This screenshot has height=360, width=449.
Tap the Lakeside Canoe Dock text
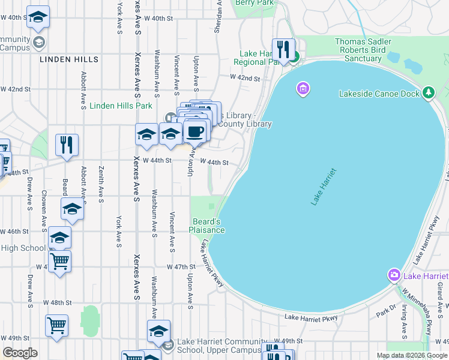tap(378, 94)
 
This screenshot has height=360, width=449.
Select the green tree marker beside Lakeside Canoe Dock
tap(428, 92)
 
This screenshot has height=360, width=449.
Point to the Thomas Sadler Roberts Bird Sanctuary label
tap(366, 50)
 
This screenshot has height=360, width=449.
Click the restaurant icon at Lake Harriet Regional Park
tap(282, 49)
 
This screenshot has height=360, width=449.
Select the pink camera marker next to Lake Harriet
tap(394, 275)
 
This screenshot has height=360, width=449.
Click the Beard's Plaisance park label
tap(207, 226)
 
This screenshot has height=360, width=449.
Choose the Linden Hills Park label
tap(121, 106)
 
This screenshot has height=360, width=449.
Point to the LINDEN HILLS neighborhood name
tap(69, 60)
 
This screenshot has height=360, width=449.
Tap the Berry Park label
tap(255, 3)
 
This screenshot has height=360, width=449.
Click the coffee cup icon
tap(194, 131)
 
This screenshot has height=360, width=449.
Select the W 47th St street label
tap(181, 266)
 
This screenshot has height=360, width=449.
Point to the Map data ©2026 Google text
tap(411, 355)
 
